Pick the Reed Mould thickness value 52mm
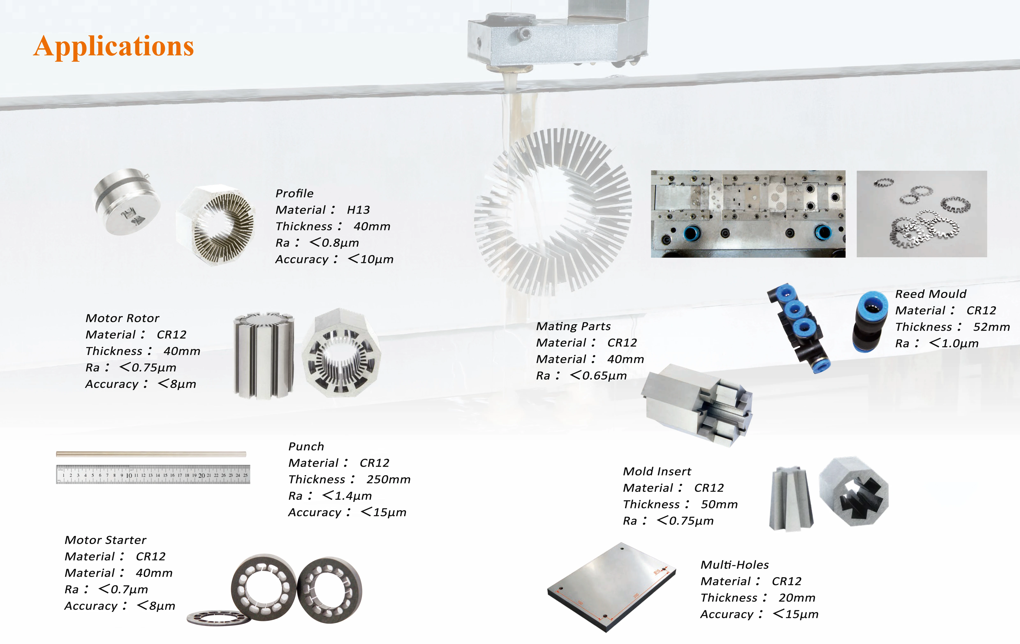(x=991, y=327)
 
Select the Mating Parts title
(x=573, y=326)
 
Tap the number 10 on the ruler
(x=129, y=475)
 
